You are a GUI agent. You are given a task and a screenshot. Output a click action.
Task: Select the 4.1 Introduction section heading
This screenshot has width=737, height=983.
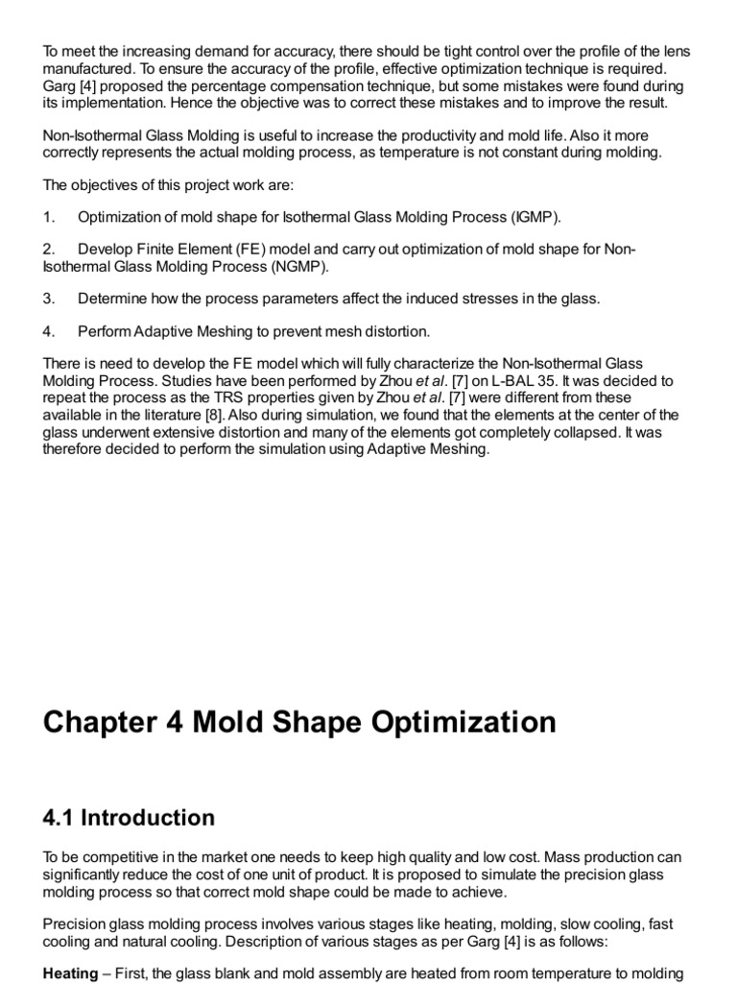(x=129, y=818)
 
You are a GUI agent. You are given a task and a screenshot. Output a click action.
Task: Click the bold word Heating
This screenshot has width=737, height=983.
(x=70, y=973)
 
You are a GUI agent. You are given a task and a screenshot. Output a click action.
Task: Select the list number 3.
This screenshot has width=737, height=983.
(x=48, y=299)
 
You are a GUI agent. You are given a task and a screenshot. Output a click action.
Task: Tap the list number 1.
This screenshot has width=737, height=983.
(x=48, y=216)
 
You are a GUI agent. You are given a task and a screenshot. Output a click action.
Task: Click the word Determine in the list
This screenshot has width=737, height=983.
(x=113, y=299)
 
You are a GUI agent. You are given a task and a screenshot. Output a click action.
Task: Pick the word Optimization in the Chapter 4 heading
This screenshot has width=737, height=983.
(x=455, y=722)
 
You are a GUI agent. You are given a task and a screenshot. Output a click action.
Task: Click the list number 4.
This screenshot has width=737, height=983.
(x=48, y=331)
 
